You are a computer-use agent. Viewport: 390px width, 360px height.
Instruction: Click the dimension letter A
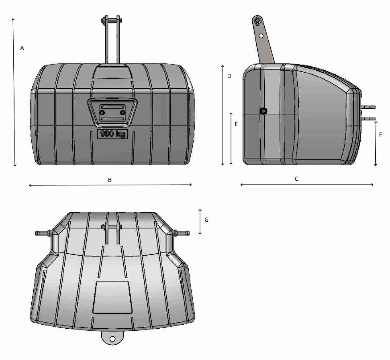(x=22, y=48)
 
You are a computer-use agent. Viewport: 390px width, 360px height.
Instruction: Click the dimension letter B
(x=110, y=180)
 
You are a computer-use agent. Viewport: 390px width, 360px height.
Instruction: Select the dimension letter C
(x=296, y=179)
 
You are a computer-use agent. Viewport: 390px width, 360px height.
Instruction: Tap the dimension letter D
(x=229, y=76)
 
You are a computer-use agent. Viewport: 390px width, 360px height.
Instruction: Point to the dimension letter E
(x=237, y=124)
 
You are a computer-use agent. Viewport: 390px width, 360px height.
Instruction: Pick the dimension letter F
(x=380, y=135)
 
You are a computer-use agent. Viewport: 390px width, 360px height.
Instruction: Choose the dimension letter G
(x=206, y=220)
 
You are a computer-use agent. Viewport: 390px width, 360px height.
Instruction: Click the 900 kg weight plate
(x=112, y=134)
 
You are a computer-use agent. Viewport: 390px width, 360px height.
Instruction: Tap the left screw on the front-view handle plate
(x=102, y=113)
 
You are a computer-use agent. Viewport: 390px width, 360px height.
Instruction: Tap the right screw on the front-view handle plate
(x=123, y=113)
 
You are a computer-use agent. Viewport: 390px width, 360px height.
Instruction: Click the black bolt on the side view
(x=263, y=111)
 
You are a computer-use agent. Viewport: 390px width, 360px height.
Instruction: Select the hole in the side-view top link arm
(x=261, y=36)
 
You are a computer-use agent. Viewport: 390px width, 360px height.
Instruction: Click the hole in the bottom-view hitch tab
(x=112, y=339)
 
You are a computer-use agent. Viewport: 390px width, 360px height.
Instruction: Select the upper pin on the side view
(x=369, y=107)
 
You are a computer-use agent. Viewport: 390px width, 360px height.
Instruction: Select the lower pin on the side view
(x=369, y=119)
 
